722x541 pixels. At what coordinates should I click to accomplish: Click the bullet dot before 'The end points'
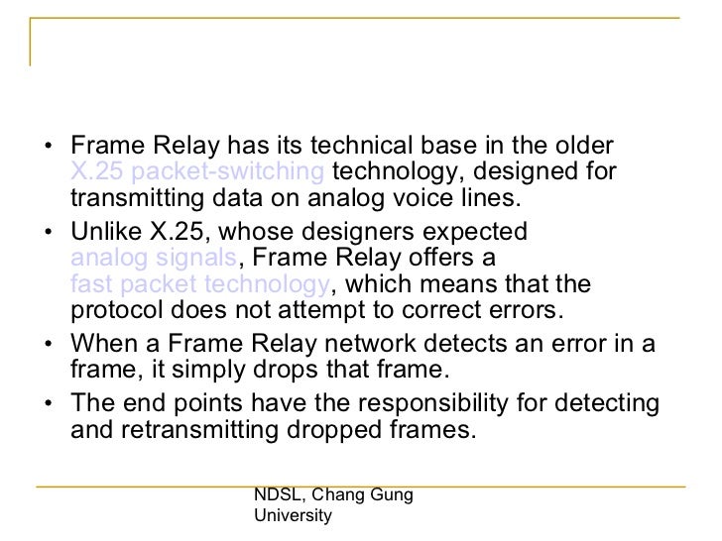pyautogui.click(x=51, y=406)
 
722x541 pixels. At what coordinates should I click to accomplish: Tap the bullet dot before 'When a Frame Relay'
pyautogui.click(x=51, y=347)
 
